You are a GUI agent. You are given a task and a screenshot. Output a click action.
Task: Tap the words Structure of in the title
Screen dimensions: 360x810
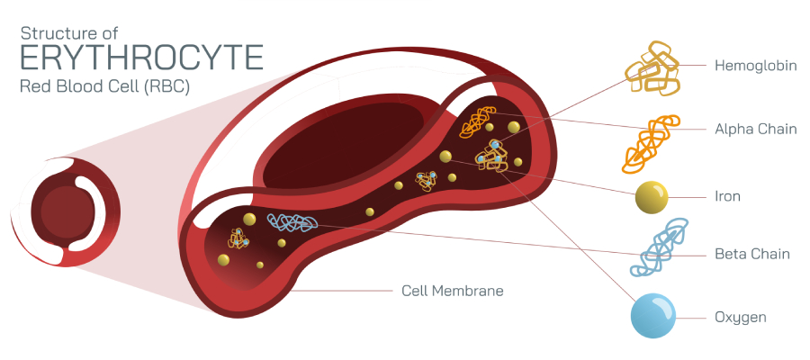76,32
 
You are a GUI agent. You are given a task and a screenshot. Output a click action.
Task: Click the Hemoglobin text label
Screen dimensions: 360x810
756,66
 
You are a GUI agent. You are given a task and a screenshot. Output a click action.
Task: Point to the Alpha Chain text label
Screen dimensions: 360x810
755,129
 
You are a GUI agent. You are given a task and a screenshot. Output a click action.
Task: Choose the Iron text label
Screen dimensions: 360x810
727,196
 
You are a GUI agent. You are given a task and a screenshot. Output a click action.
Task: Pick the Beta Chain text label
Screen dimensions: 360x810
751,254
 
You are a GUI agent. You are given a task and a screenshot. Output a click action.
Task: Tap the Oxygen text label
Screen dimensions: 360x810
740,317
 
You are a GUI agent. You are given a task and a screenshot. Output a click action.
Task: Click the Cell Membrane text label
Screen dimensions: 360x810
452,291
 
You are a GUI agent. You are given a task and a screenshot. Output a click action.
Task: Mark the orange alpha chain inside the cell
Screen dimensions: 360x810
476,121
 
